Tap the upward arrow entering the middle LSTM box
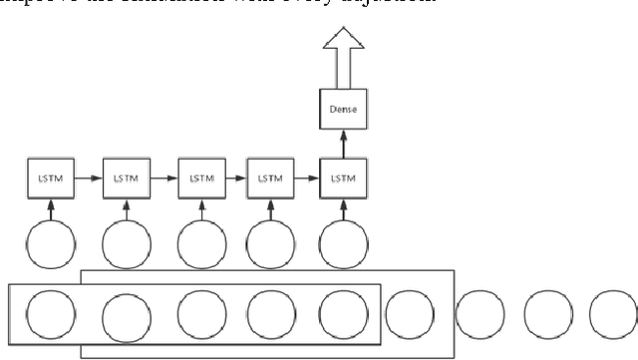pos(198,206)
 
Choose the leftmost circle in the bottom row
pos(46,315)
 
